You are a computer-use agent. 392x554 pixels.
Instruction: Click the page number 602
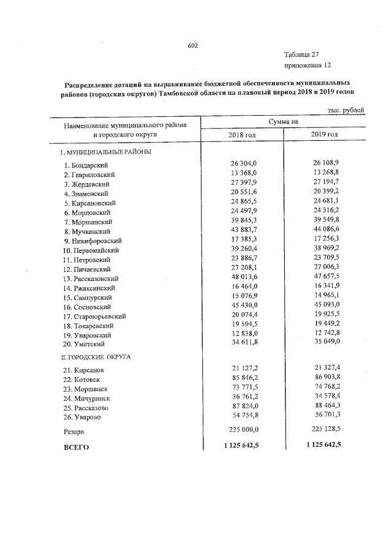(x=193, y=46)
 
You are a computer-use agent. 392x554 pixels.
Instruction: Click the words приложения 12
(x=307, y=65)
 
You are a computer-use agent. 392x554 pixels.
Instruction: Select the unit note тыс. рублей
(x=347, y=110)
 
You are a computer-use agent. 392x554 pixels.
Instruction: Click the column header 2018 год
(x=241, y=134)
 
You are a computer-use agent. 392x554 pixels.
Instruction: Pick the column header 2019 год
(x=324, y=133)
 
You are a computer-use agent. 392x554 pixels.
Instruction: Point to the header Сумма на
(x=282, y=122)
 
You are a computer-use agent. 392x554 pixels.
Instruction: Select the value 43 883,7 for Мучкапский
(x=242, y=231)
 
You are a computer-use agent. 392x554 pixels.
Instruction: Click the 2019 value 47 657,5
(x=325, y=277)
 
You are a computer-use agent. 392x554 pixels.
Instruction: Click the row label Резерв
(x=75, y=432)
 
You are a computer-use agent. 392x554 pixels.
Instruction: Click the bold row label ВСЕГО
(x=77, y=447)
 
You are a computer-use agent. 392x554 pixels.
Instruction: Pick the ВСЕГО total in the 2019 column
(x=322, y=444)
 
